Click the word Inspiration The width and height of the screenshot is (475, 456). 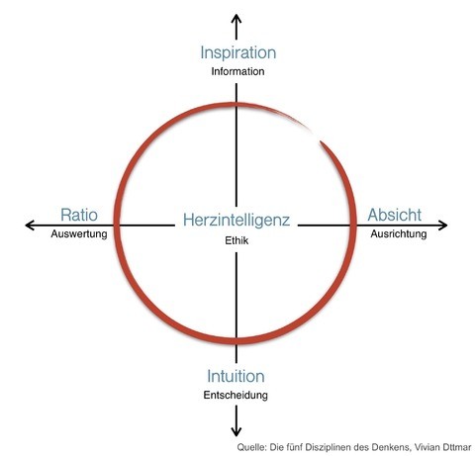[x=238, y=53]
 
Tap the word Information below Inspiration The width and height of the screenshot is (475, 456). [x=237, y=71]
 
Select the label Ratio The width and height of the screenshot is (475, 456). [x=79, y=215]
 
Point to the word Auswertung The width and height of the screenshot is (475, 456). [x=79, y=234]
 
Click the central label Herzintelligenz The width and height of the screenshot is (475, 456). [x=237, y=221]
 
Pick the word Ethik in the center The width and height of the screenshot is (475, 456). [x=237, y=240]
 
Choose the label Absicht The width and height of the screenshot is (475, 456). [x=395, y=215]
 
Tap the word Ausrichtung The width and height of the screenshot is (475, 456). [x=399, y=234]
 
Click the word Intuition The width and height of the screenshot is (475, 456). [x=236, y=376]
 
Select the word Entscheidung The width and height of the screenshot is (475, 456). [x=236, y=395]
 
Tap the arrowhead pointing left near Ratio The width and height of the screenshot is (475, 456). [x=29, y=226]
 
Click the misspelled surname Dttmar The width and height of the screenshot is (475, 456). [x=457, y=447]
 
